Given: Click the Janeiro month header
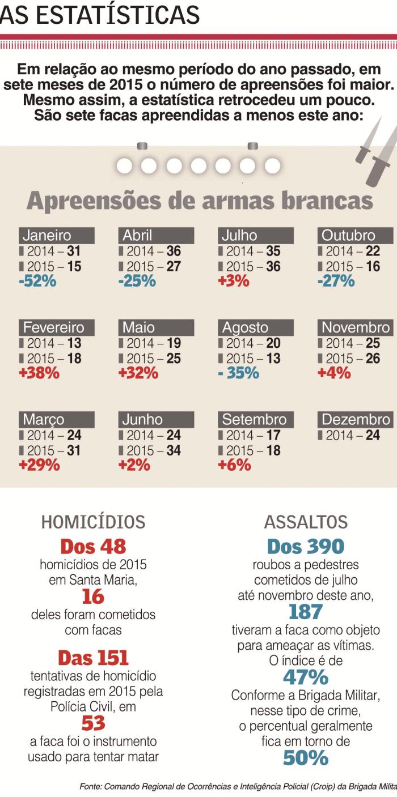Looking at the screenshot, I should [x=48, y=236].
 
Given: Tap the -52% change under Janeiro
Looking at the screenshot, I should [x=37, y=281].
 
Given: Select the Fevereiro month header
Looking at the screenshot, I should [x=53, y=327].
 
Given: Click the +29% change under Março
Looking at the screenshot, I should [x=39, y=465].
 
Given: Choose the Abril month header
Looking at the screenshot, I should [x=138, y=236].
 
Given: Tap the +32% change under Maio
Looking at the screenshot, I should [x=138, y=373].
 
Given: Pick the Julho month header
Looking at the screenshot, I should [x=239, y=236].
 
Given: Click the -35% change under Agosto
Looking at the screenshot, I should [x=239, y=373].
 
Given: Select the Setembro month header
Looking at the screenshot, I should [x=254, y=420].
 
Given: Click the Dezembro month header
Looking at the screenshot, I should [x=356, y=420].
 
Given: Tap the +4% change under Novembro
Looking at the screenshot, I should [x=334, y=373].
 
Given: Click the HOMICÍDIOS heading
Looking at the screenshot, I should [x=93, y=522].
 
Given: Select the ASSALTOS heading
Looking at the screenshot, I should [x=306, y=522].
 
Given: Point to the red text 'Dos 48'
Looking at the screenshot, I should [x=93, y=547].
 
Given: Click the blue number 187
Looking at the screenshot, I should [x=305, y=612].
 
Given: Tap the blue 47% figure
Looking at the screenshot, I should [x=305, y=677].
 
